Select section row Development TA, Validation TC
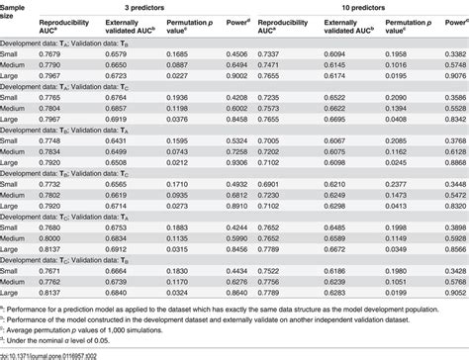pos(79,85)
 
